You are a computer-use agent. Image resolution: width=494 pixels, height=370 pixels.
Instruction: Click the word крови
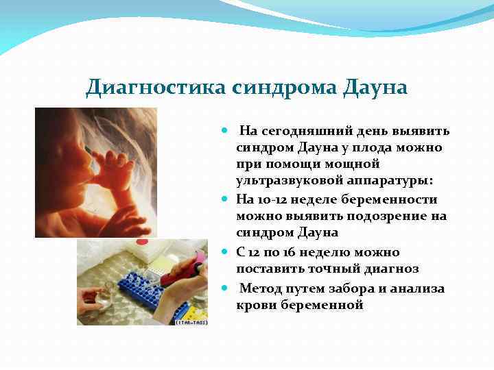(254, 306)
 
